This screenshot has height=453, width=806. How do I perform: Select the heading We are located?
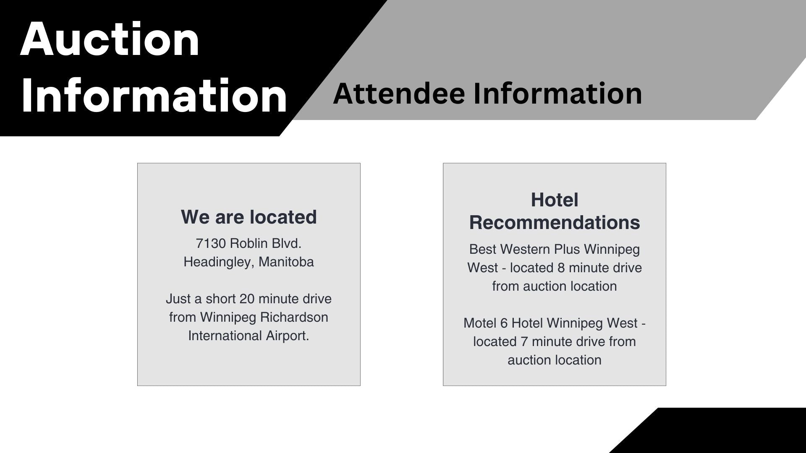[249, 217]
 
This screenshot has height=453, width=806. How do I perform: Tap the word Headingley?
[219, 262]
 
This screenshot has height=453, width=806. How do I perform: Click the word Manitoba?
[286, 262]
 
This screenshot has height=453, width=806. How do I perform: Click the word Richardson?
[294, 317]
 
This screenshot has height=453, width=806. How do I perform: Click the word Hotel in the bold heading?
[555, 200]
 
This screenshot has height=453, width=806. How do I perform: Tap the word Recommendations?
[555, 222]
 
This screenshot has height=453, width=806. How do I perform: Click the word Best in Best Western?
[483, 249]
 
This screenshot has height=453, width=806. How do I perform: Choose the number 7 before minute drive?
[524, 341]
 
